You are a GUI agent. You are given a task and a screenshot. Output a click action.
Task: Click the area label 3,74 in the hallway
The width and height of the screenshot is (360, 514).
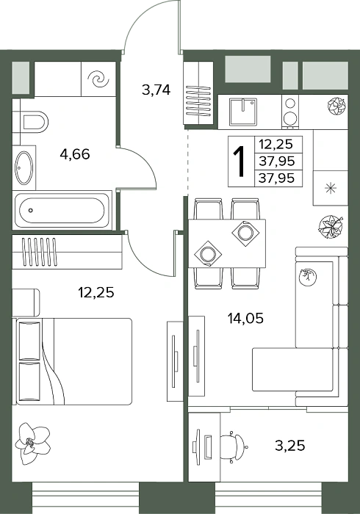[156, 90]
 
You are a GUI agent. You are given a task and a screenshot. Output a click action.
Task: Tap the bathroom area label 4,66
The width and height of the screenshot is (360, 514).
[75, 153]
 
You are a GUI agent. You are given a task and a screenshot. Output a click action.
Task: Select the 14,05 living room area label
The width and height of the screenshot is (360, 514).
[245, 318]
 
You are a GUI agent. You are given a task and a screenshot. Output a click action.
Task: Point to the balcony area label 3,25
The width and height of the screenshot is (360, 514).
[289, 446]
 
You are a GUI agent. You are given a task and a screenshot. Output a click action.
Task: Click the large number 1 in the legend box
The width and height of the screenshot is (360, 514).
[240, 162]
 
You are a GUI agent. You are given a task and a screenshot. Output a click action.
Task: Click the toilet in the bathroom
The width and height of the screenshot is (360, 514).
[31, 122]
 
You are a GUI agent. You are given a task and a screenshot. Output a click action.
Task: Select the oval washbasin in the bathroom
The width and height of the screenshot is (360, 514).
[24, 168]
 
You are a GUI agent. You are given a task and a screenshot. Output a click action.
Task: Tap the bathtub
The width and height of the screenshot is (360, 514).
[62, 211]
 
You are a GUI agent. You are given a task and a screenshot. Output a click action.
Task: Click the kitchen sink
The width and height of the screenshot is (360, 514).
[243, 112]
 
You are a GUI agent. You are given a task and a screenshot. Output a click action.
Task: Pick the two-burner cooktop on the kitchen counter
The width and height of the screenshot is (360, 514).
[290, 111]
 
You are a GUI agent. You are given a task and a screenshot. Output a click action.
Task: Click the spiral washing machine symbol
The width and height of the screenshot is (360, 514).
[98, 79]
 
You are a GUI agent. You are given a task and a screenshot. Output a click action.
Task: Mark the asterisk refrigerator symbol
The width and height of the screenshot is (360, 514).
[331, 188]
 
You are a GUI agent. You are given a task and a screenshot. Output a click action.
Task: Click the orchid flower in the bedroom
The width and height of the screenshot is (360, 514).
[32, 444]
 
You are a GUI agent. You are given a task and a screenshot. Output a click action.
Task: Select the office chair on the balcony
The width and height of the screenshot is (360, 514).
[234, 446]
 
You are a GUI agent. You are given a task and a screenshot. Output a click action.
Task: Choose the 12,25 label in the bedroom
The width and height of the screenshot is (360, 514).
[96, 292]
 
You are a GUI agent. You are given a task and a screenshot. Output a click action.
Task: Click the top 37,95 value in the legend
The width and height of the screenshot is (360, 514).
[276, 161]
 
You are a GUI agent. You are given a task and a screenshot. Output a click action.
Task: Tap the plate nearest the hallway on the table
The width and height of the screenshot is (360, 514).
[207, 254]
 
